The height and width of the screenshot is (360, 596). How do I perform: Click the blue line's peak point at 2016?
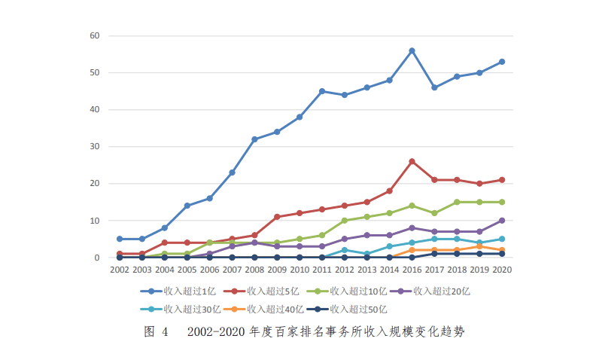412,50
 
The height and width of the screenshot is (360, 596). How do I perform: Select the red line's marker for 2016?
412,161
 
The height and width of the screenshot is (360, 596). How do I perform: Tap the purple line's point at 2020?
502,221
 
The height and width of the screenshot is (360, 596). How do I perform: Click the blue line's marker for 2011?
322,91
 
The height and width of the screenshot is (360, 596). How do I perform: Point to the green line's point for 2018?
457,202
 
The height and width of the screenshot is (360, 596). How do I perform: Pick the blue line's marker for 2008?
254,139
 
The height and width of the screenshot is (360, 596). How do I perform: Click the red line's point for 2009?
277,217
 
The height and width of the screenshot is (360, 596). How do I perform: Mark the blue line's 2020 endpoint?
502,62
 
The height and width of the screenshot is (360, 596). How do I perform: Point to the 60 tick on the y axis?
95,35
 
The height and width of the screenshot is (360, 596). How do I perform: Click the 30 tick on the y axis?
95,147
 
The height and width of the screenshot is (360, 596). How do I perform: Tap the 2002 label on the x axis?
120,269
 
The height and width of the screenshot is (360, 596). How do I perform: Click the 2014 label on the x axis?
389,269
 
